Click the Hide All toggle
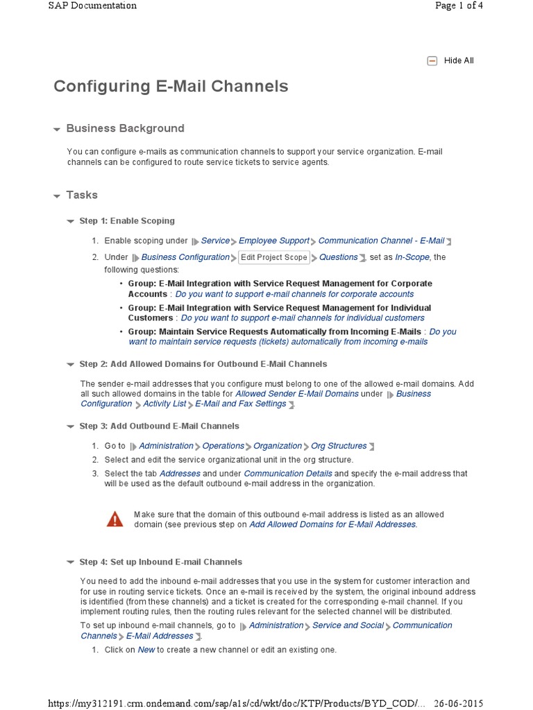point(451,61)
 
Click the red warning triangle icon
point(115,519)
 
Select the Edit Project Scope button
point(273,257)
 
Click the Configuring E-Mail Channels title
point(171,87)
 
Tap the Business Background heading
point(125,128)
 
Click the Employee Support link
point(274,241)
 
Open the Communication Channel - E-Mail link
point(381,241)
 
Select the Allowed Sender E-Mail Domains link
point(297,394)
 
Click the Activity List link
point(164,404)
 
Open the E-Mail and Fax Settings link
point(241,404)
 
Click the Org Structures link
point(339,446)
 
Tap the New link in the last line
point(146,650)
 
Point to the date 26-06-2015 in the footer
point(459,703)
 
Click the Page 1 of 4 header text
point(458,6)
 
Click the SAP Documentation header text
point(92,6)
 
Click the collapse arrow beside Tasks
point(57,196)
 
